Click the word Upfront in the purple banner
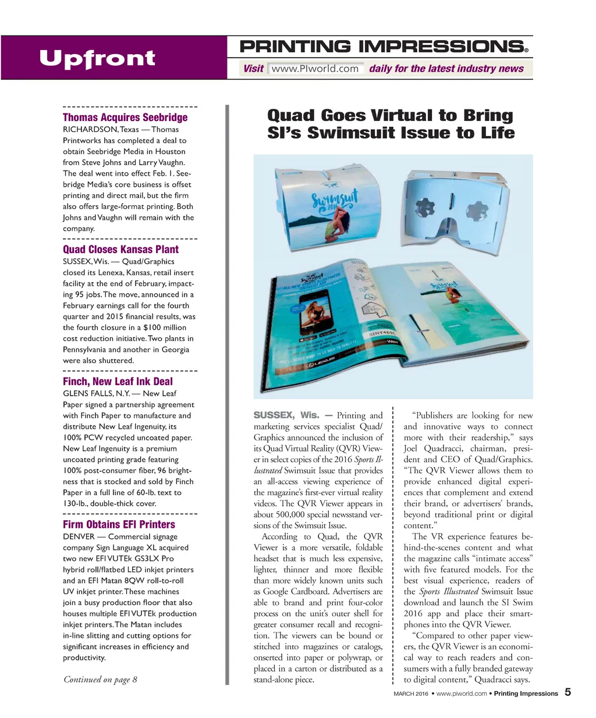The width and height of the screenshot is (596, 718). coord(97,58)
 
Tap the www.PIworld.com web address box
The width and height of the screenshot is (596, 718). coord(315,69)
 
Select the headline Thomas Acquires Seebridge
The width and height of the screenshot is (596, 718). coord(125,117)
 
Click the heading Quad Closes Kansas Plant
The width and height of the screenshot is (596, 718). coord(120,249)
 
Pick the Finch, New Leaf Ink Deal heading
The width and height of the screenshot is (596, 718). coord(118,381)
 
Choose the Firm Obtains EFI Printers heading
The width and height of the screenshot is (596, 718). coord(119,524)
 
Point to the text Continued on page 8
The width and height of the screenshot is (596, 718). coord(100,679)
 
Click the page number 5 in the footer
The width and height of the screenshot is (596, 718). coord(567,692)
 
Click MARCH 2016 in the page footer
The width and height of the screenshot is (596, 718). coord(410,694)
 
